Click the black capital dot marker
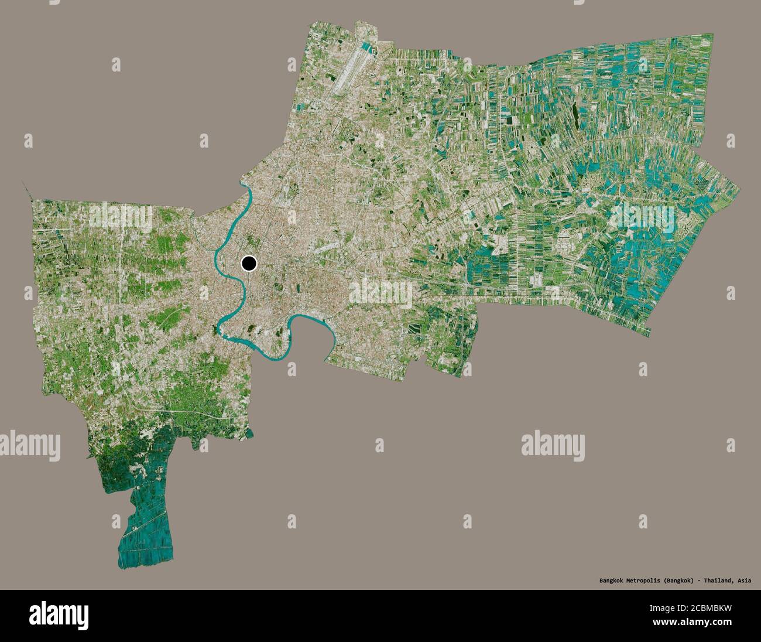click(249, 264)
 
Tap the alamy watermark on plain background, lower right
click(553, 443)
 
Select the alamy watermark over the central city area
click(381, 292)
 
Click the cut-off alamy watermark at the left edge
click(29, 443)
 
